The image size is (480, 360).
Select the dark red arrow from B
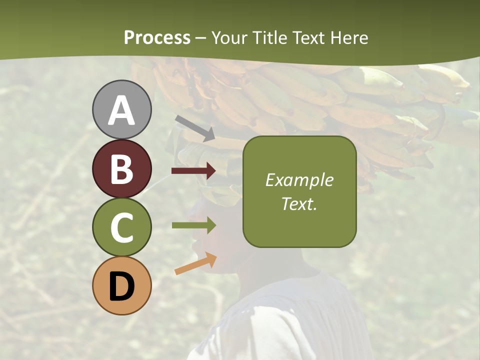click(193, 171)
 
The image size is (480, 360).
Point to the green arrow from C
click(193, 225)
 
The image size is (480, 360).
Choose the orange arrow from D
click(195, 263)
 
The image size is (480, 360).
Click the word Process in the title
click(157, 37)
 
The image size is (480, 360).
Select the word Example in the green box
click(299, 180)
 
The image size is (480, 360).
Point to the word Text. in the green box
click(299, 203)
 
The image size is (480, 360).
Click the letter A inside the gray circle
click(122, 110)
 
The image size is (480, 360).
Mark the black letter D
click(122, 286)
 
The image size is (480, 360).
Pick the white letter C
click(122, 228)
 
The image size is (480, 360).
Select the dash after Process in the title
click(200, 38)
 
